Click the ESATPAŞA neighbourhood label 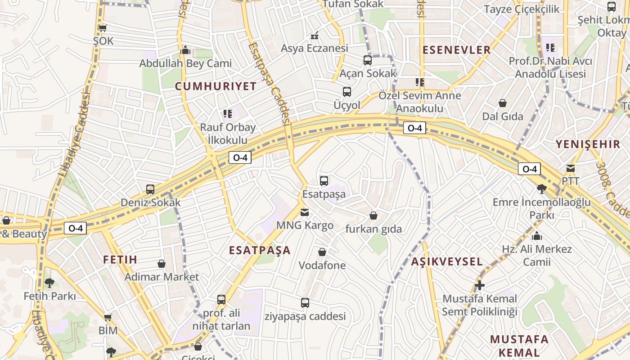point(260,251)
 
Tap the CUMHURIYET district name point(216,86)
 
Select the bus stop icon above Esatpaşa point(324,181)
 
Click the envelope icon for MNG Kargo point(305,212)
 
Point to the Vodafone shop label point(322,265)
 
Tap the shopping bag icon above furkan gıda point(373,216)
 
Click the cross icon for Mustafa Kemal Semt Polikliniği point(480,285)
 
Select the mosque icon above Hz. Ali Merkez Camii point(536,236)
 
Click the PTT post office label point(570,181)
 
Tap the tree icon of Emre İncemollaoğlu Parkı point(542,189)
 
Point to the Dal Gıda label point(503,117)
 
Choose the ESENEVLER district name point(456,50)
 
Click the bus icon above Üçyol point(347,92)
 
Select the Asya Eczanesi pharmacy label point(315,48)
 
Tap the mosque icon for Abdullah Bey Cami point(185,50)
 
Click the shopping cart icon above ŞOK point(103,28)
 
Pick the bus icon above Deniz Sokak point(150,189)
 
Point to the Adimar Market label point(162,277)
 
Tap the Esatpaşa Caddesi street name point(269,83)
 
